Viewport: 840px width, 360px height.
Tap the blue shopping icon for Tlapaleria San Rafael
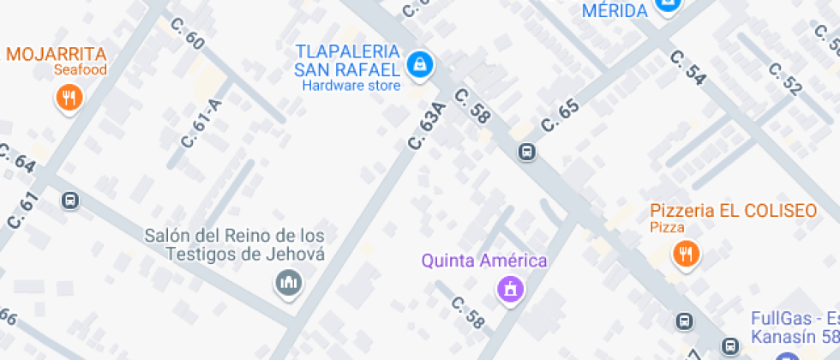pos(419,64)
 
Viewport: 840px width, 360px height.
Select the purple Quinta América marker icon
pos(510,289)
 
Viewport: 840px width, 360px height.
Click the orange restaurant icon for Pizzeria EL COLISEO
pos(685,253)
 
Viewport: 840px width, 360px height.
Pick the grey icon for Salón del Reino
pos(287,282)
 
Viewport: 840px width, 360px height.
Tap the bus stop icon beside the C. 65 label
pos(526,153)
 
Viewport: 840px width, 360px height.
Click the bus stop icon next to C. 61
pos(70,201)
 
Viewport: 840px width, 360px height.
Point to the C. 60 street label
pos(189,33)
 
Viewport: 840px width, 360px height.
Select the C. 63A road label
pos(428,126)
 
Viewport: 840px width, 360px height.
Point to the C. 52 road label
pos(785,79)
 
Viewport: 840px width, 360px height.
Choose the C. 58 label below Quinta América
pos(468,313)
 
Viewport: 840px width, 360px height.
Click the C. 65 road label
pos(561,117)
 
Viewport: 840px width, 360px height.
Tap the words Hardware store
pos(351,86)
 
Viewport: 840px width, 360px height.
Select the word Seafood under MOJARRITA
pos(80,70)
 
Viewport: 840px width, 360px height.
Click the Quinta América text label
pos(484,261)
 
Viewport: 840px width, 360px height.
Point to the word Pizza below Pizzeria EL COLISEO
pos(667,227)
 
